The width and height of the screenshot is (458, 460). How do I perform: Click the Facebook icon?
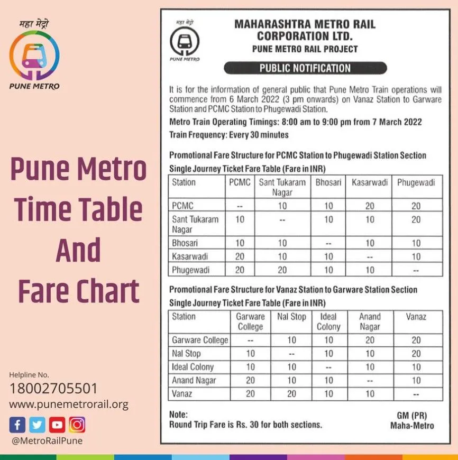(17, 425)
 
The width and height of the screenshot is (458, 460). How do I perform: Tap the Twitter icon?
(37, 425)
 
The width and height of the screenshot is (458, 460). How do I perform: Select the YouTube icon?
(57, 425)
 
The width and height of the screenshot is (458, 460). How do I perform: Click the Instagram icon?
(77, 425)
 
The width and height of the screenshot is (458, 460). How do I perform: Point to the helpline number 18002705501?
(53, 389)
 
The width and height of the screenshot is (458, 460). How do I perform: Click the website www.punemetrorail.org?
(69, 405)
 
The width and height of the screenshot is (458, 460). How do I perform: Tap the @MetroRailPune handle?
(47, 440)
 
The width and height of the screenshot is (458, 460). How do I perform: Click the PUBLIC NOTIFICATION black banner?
(305, 68)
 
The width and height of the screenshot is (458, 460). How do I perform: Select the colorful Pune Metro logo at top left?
(34, 56)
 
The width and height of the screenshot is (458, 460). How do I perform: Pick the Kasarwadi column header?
(370, 182)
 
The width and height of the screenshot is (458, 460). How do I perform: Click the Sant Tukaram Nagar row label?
(195, 224)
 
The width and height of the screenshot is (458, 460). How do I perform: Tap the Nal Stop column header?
(291, 317)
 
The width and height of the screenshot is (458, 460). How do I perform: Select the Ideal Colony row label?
(193, 367)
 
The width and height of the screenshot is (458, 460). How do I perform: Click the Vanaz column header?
(416, 317)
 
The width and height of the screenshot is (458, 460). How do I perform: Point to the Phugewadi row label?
(190, 270)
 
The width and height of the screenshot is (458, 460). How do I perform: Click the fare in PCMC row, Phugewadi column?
(416, 205)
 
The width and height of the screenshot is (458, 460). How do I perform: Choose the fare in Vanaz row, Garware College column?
(250, 393)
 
